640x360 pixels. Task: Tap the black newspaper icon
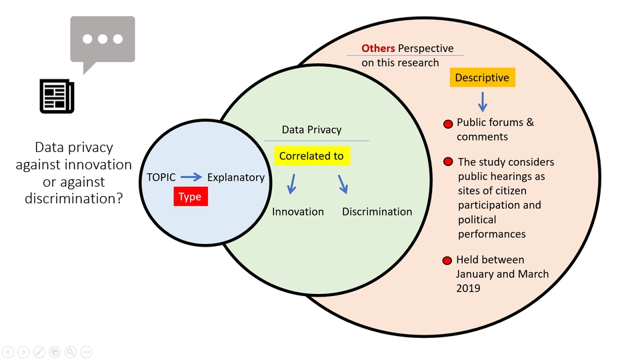[x=57, y=97]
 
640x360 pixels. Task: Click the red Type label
[x=190, y=197]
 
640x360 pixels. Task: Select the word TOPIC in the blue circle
[x=161, y=177]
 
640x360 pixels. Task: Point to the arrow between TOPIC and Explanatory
[x=191, y=177]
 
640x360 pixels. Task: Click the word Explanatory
[x=235, y=177]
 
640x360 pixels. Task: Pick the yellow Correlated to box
[x=311, y=157]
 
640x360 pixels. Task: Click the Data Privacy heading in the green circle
[x=311, y=130]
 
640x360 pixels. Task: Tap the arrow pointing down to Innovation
[x=291, y=185]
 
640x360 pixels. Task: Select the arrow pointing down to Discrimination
[x=343, y=184]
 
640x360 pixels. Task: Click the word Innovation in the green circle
[x=298, y=212]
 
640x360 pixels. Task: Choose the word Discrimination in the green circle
[x=377, y=212]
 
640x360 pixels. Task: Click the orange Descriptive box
[x=482, y=78]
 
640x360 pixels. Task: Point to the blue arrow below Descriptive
[x=483, y=101]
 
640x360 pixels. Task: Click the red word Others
[x=378, y=49]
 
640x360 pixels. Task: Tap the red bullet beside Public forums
[x=448, y=124]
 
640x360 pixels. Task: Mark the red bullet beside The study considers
[x=449, y=163]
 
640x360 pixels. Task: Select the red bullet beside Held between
[x=447, y=260]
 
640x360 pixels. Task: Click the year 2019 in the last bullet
[x=469, y=288]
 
